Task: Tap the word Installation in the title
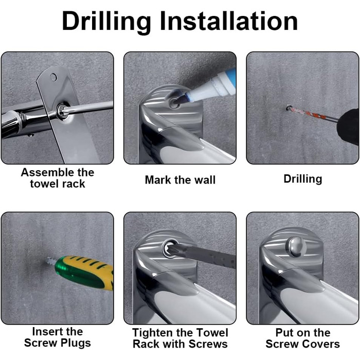pyautogui.click(x=229, y=21)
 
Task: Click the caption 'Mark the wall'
pyautogui.click(x=180, y=180)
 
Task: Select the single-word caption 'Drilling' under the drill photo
pyautogui.click(x=302, y=179)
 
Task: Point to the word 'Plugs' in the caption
pyautogui.click(x=75, y=344)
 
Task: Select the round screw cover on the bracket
pyautogui.click(x=296, y=246)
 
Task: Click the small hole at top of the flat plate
pyautogui.click(x=53, y=78)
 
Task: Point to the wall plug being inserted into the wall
pyautogui.click(x=51, y=261)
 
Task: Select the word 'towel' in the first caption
pyautogui.click(x=44, y=184)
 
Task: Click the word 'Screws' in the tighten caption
pyautogui.click(x=208, y=344)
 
